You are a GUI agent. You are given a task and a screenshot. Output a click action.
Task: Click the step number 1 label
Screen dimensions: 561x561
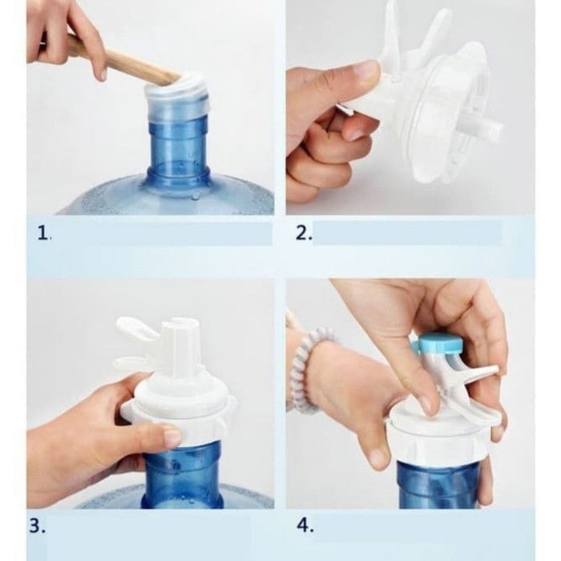point(44,234)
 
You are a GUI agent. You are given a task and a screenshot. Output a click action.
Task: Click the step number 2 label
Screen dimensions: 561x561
point(304,233)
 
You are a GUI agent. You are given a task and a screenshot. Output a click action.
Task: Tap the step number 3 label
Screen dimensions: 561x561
point(37,527)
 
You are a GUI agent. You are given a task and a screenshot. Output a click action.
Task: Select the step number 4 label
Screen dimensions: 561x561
point(305,527)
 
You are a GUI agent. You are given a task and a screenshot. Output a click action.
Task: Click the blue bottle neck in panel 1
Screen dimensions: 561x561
point(177,151)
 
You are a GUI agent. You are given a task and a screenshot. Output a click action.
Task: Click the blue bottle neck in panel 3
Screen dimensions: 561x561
point(183,476)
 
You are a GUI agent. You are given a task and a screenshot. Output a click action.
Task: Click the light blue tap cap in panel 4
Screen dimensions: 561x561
point(441,344)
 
